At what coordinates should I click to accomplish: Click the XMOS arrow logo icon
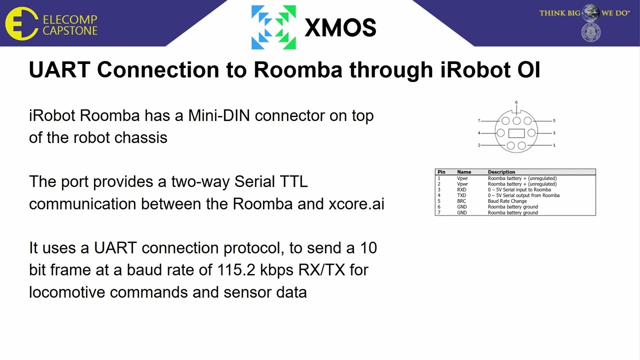[273, 27]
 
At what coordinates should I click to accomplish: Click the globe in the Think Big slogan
[590, 12]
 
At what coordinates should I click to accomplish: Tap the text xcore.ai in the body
[356, 204]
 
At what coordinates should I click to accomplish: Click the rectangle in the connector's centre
[516, 133]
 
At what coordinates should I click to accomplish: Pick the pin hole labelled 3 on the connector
[531, 132]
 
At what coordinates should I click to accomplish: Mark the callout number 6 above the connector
[516, 102]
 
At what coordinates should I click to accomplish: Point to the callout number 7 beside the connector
[479, 120]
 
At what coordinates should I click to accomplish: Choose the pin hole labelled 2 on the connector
[510, 145]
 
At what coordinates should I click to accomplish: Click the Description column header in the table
[501, 172]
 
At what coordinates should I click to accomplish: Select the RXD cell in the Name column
[461, 190]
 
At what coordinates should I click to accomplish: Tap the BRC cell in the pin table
[461, 201]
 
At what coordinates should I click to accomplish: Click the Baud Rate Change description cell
[507, 201]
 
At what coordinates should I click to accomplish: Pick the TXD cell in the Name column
[461, 195]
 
